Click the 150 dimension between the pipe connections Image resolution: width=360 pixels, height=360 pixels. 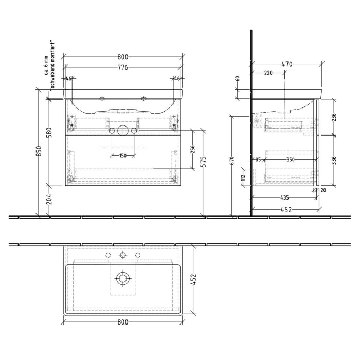[122, 156]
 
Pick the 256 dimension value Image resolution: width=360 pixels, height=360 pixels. [193, 149]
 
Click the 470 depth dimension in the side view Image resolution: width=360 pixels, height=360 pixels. [287, 64]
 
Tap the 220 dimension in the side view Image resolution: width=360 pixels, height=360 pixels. [267, 73]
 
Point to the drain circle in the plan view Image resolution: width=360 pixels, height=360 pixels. [122, 279]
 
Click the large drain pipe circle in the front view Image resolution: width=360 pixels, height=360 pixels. [122, 130]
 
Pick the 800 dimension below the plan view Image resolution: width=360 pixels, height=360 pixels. [122, 322]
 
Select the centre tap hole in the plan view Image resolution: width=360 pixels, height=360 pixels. [122, 255]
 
